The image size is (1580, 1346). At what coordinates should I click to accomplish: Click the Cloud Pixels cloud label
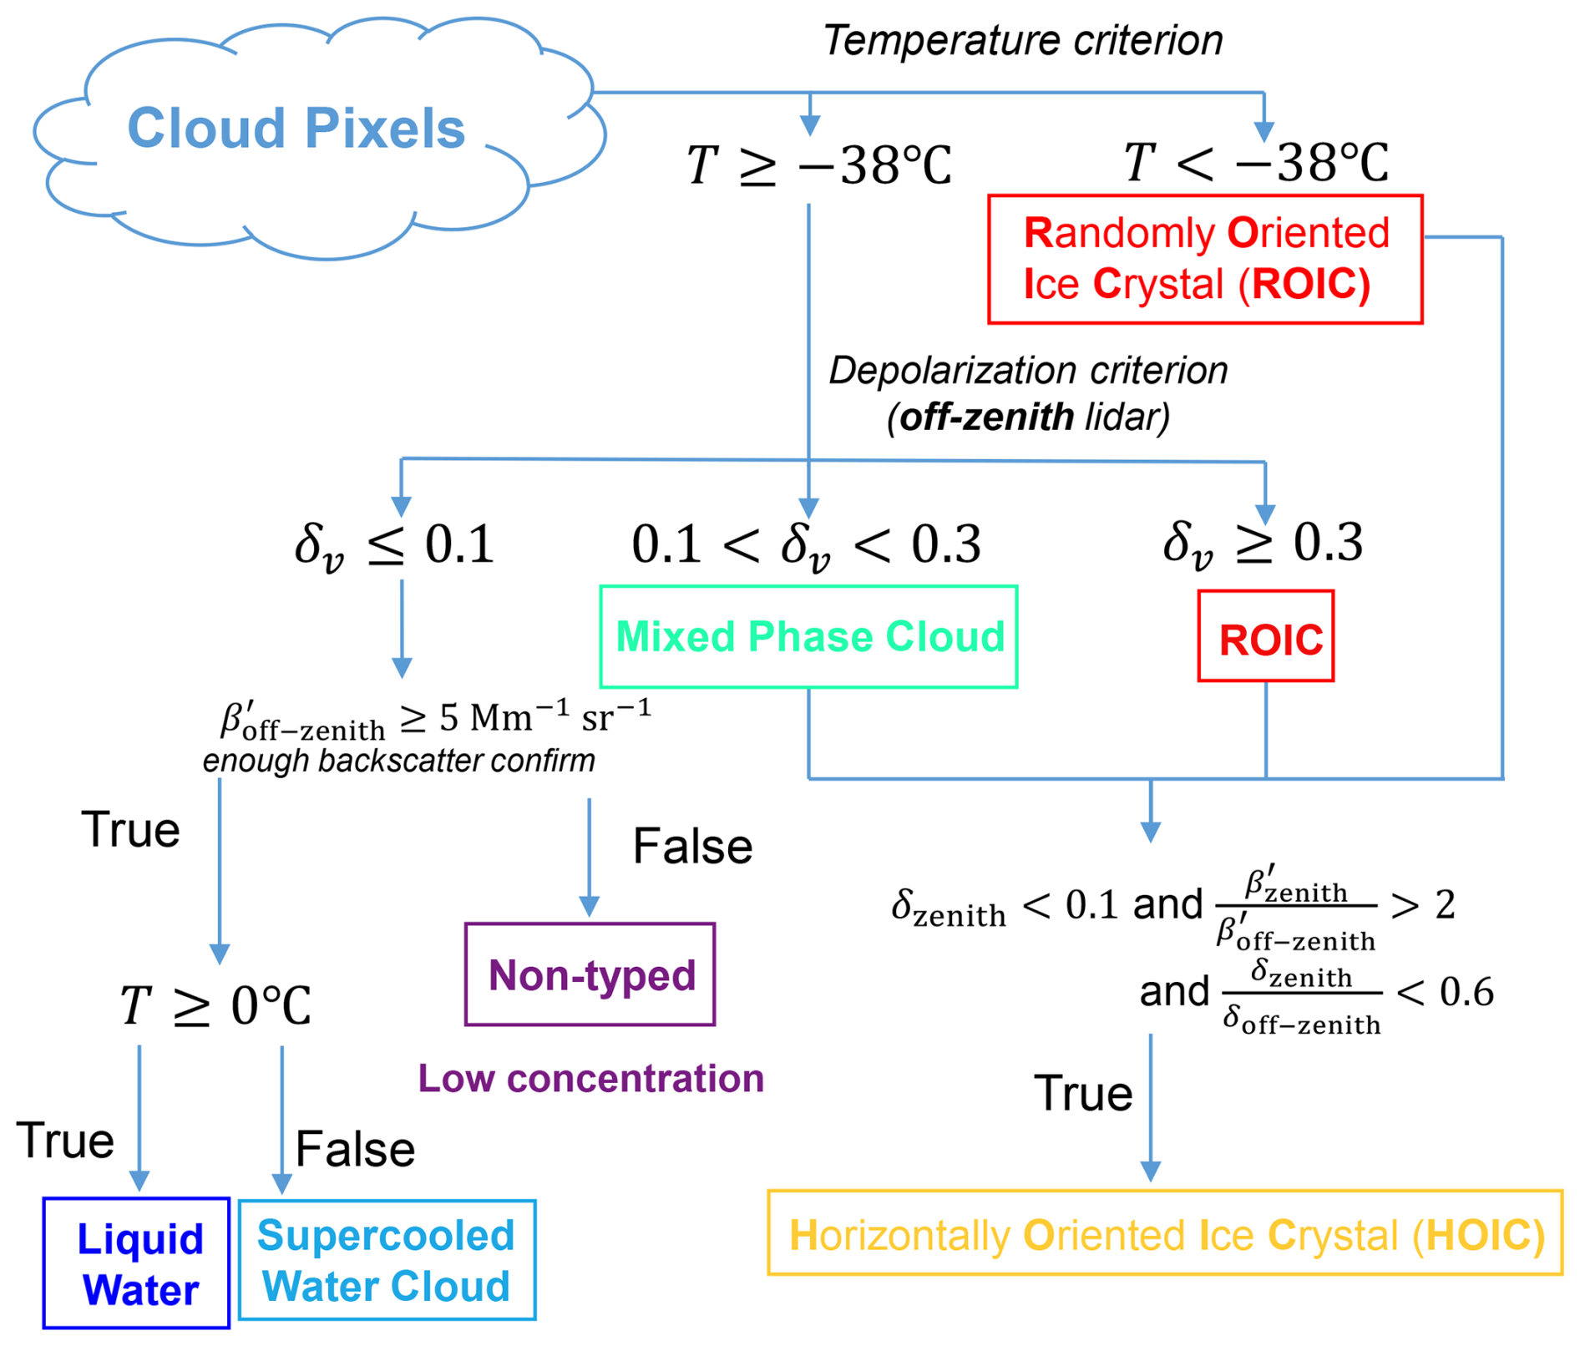[x=296, y=129]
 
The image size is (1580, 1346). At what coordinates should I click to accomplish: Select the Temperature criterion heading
[x=1023, y=40]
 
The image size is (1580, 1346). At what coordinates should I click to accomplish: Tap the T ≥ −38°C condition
[x=818, y=164]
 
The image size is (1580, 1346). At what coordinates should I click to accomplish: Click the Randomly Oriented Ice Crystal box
[x=1205, y=259]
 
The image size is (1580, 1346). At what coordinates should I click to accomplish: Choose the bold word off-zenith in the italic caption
[x=986, y=417]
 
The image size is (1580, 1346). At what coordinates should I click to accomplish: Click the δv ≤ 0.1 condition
[x=394, y=545]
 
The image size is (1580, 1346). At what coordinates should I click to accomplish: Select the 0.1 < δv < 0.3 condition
[x=806, y=545]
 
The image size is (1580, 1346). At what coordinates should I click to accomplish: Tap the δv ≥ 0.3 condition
[x=1263, y=544]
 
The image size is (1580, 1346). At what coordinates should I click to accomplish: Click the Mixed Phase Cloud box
[x=808, y=637]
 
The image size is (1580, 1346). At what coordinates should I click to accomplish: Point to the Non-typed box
[x=590, y=974]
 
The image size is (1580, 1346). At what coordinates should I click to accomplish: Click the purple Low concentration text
[x=590, y=1078]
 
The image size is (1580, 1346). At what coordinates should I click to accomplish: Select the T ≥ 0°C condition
[x=215, y=1005]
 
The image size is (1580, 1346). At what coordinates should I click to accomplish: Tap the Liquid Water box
[x=137, y=1263]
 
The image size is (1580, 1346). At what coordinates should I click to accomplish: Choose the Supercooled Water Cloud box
[x=387, y=1261]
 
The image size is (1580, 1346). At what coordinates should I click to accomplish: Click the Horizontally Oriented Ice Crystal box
[x=1165, y=1234]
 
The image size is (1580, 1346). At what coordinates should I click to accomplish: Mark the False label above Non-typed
[x=692, y=847]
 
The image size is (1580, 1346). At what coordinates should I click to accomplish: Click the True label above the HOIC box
[x=1082, y=1093]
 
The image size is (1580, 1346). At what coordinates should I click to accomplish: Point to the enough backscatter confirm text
[x=399, y=761]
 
